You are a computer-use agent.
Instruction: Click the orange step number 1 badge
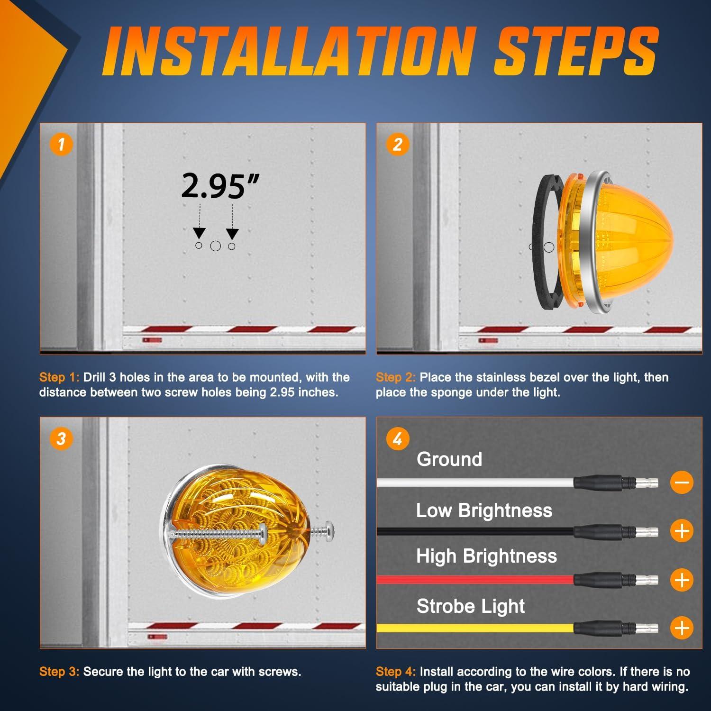[61, 144]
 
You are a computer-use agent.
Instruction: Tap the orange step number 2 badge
[398, 144]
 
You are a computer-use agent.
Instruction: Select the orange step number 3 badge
[61, 438]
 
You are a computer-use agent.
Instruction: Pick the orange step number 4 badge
[398, 439]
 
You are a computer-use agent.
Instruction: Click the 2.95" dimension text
[221, 186]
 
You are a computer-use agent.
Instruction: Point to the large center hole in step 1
[216, 246]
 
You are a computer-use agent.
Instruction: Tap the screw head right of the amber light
[328, 530]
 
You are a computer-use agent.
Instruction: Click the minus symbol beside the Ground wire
[682, 483]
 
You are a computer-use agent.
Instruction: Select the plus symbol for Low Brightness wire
[682, 530]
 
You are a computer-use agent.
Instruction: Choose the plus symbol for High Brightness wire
[682, 580]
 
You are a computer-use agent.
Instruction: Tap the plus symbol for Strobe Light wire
[682, 628]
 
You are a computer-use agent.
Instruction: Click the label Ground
[449, 459]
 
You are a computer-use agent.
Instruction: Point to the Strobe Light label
[471, 606]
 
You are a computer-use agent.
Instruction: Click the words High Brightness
[487, 556]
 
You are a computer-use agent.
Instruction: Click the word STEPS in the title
[576, 52]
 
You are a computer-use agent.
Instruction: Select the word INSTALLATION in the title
[290, 52]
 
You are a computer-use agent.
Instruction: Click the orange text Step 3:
[59, 672]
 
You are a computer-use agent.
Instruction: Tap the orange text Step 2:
[396, 378]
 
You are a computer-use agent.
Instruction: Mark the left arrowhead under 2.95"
[199, 233]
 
